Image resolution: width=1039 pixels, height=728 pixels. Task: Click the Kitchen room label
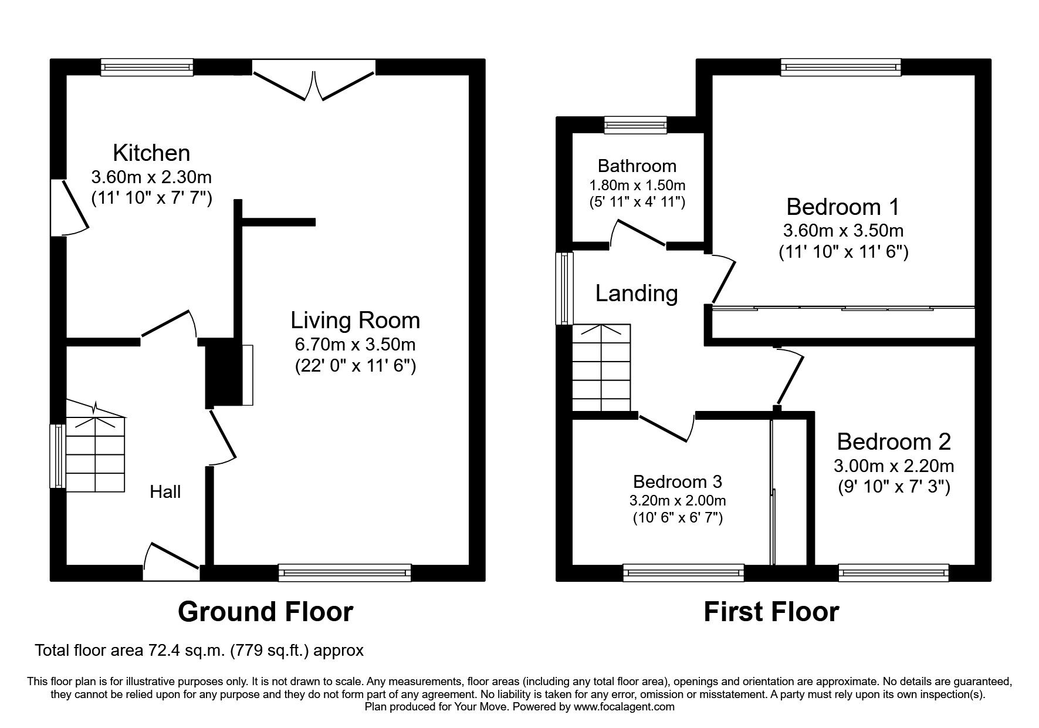tap(151, 153)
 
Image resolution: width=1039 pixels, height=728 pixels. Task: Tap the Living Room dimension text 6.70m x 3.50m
tap(356, 344)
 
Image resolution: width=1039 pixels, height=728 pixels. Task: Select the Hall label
tap(165, 492)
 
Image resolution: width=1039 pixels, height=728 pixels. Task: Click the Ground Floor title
tap(265, 612)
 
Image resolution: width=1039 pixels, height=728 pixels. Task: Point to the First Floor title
tap(771, 612)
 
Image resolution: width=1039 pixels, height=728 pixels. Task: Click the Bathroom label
tap(637, 166)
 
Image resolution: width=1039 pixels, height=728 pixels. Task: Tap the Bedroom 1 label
tap(843, 207)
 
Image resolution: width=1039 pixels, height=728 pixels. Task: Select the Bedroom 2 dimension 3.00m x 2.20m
tap(894, 466)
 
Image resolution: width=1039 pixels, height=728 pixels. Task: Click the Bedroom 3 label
tap(678, 482)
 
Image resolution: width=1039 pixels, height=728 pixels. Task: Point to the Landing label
tap(637, 294)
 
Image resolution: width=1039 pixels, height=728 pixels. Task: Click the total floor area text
tap(199, 651)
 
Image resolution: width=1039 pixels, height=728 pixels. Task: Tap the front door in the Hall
tap(171, 562)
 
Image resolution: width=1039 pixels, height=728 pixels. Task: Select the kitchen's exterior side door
tap(69, 207)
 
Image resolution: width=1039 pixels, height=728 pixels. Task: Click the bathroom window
tap(636, 124)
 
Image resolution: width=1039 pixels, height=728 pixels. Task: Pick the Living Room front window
tap(345, 572)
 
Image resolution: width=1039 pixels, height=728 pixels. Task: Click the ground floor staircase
tap(95, 446)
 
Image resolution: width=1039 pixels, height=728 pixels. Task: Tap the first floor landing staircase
tap(601, 368)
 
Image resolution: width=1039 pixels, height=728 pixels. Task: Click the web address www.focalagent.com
tap(624, 707)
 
